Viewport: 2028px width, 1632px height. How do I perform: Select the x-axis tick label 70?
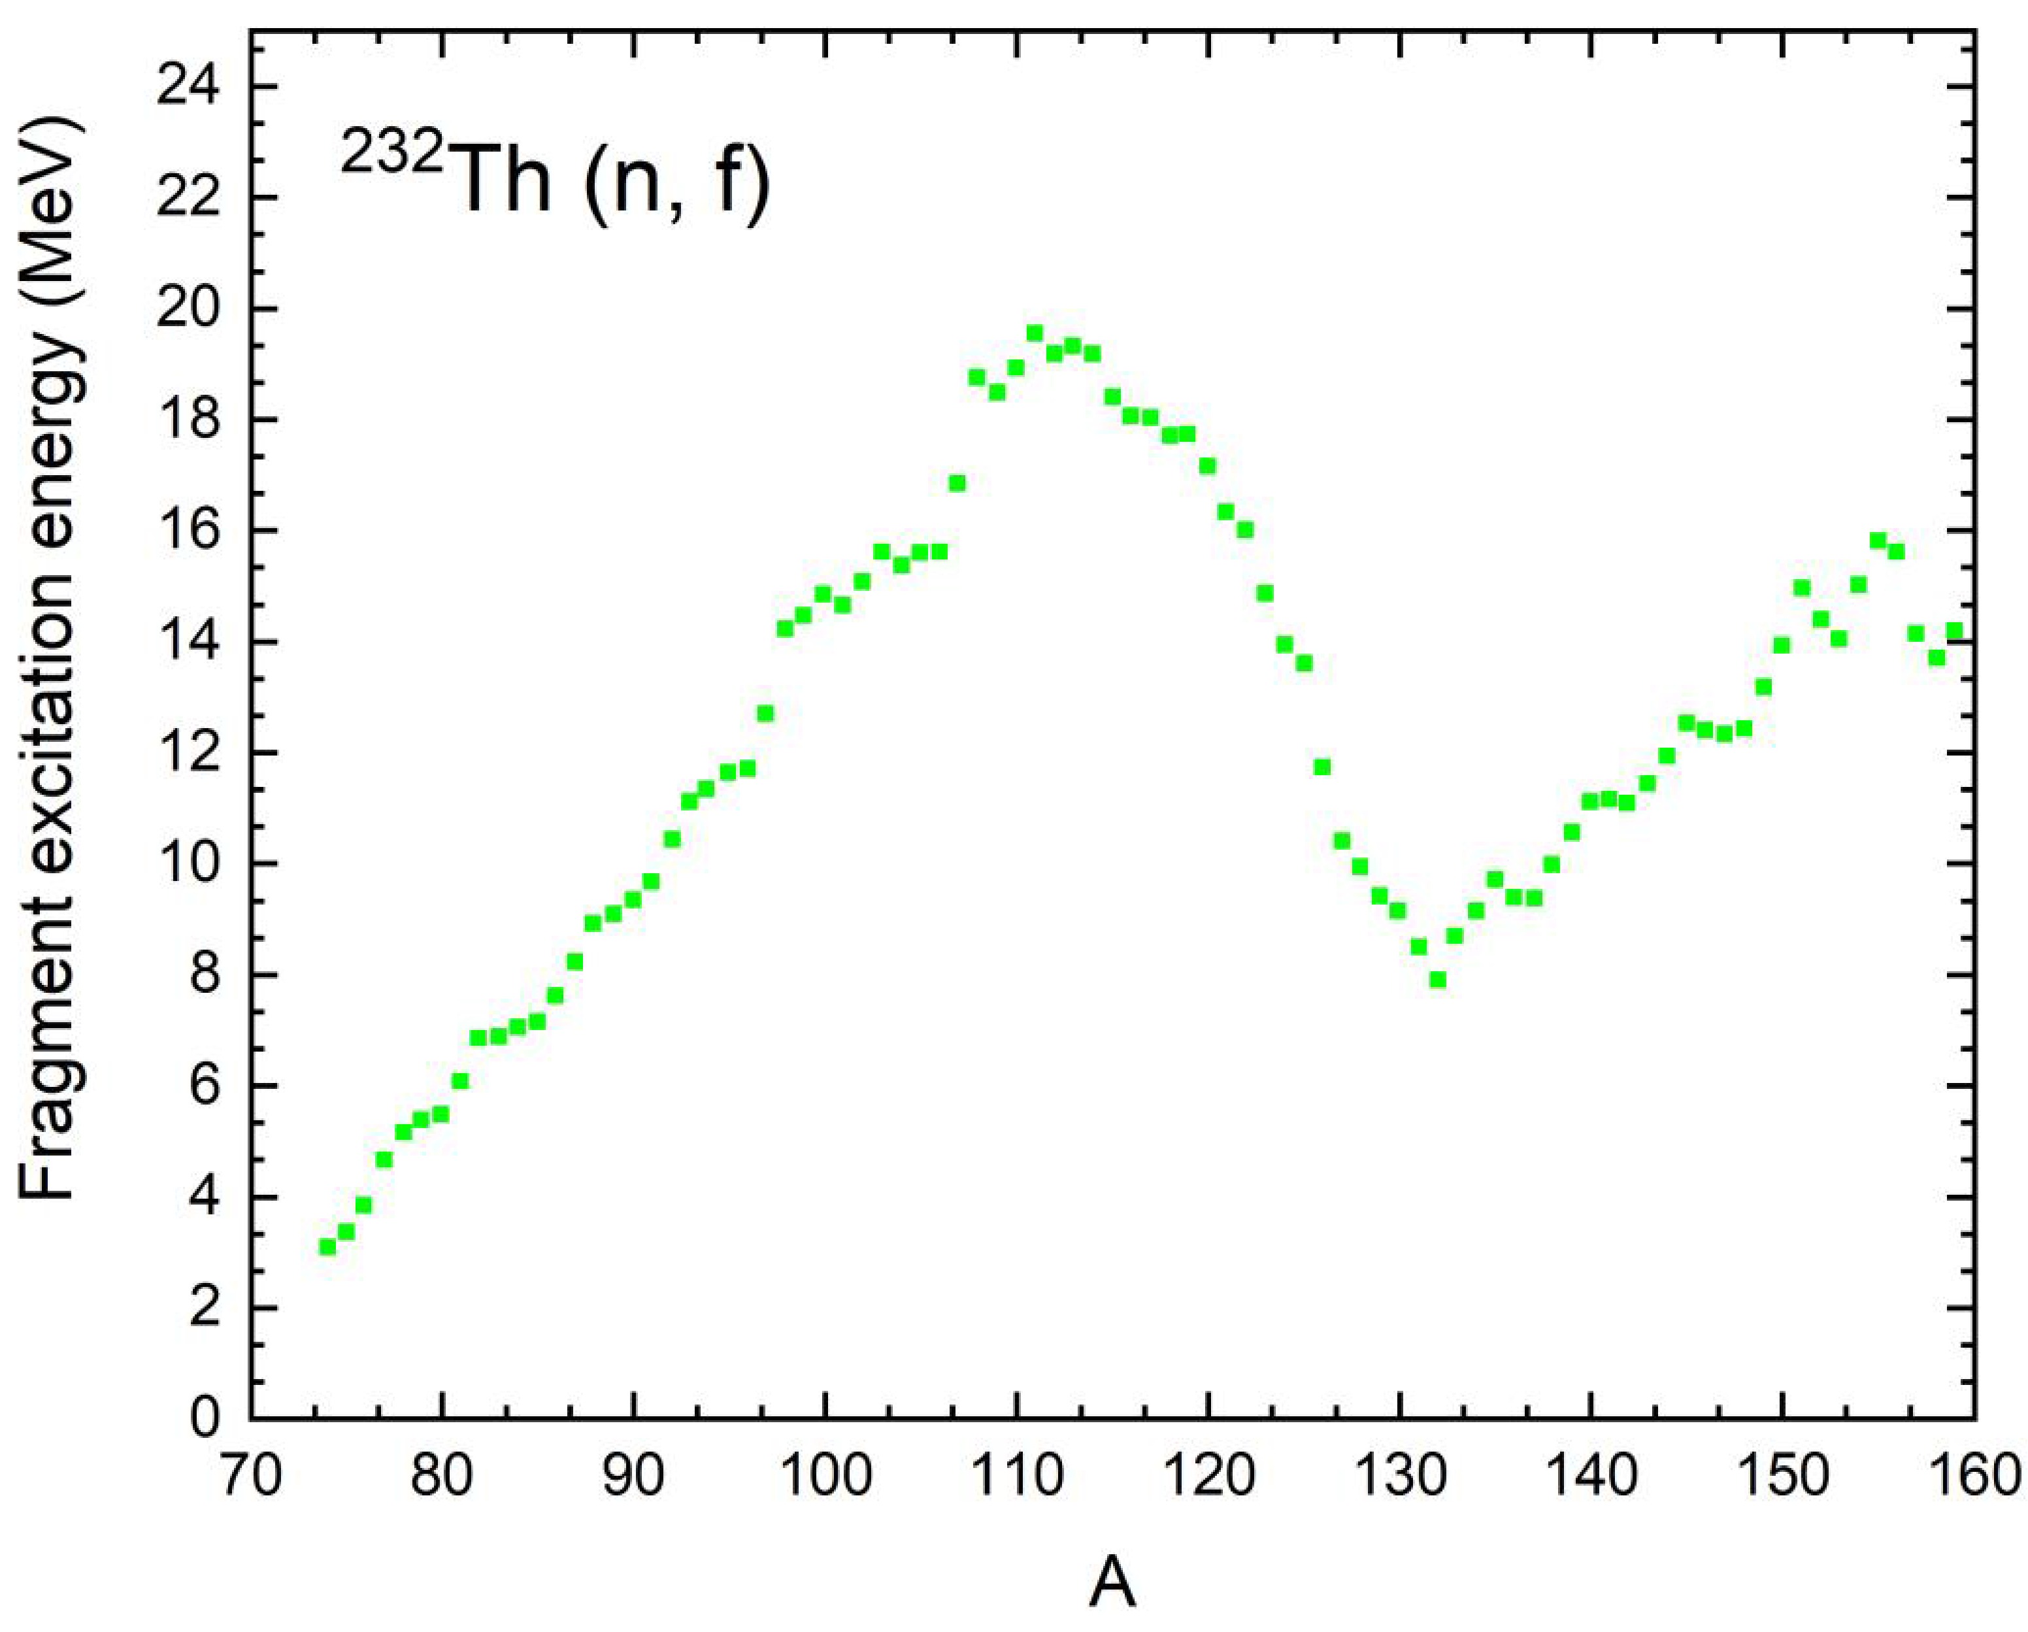tap(250, 1474)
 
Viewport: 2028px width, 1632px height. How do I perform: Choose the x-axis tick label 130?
tap(1400, 1474)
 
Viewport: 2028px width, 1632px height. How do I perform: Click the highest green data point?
tap(1035, 333)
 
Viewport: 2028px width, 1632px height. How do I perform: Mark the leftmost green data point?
tap(327, 1246)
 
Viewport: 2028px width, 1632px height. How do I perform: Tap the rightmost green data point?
tap(1955, 630)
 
